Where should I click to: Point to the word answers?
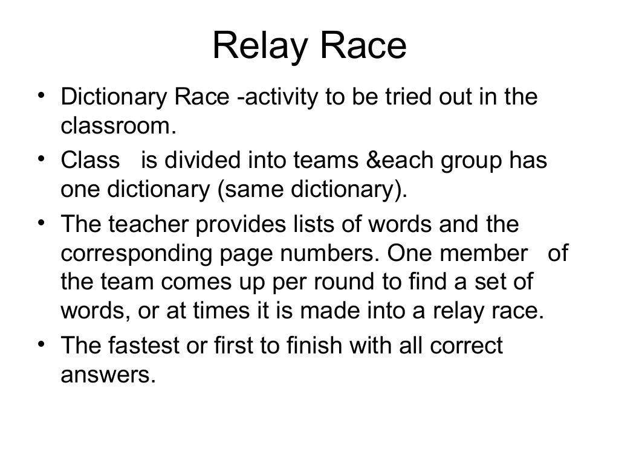tap(104, 376)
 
